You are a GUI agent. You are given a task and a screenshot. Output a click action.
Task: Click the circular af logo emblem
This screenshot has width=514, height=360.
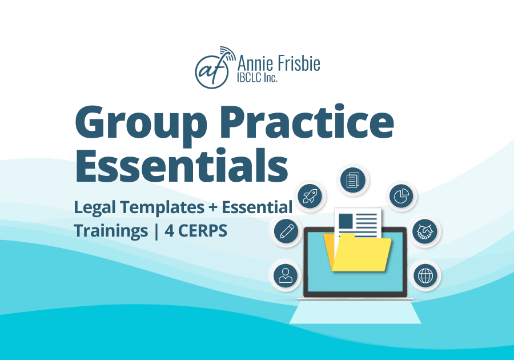(x=211, y=72)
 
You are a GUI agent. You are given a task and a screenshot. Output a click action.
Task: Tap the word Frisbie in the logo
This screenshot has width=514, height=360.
(x=299, y=63)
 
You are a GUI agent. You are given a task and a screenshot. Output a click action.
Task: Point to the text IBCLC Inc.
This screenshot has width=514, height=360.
(x=258, y=77)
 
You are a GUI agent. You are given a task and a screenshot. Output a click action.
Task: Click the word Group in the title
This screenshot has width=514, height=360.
(x=141, y=123)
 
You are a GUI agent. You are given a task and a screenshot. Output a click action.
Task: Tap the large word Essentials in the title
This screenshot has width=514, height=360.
(x=182, y=166)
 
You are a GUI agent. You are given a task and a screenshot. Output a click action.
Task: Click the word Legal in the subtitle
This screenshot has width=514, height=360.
(x=95, y=207)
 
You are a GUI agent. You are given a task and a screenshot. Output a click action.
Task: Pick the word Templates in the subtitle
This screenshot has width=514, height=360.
(x=162, y=207)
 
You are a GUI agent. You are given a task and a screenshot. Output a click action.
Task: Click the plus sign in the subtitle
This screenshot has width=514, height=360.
(x=213, y=207)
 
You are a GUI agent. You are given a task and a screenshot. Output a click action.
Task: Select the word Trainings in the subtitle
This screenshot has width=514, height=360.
(x=111, y=231)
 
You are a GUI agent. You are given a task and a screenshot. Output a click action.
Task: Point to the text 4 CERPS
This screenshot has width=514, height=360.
(x=196, y=230)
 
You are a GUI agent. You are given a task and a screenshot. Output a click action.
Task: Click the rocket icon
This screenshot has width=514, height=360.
(x=310, y=196)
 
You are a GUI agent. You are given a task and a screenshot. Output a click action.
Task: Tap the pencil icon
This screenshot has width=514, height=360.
(x=286, y=231)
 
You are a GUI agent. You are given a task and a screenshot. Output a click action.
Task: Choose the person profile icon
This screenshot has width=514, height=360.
(x=285, y=275)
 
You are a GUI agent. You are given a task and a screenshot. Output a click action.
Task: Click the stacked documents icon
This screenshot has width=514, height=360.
(x=352, y=179)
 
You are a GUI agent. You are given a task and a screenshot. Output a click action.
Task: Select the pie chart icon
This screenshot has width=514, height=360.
(x=401, y=196)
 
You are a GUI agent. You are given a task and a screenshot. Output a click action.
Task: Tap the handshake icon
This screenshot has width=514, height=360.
(x=424, y=231)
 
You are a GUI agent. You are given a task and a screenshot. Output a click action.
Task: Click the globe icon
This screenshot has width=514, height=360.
(x=425, y=275)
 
